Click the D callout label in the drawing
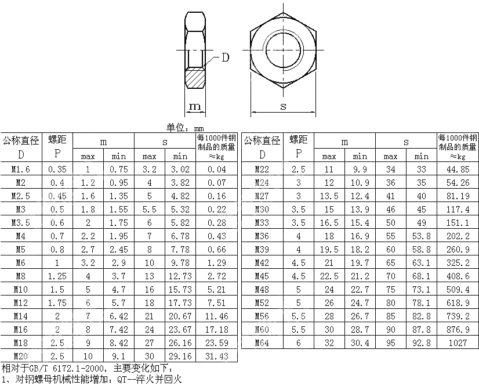point(225,57)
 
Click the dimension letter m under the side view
point(195,106)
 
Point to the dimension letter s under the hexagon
point(283,106)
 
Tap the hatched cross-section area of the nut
point(195,77)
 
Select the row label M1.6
point(21,170)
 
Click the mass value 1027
point(458,343)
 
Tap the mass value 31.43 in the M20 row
point(217,356)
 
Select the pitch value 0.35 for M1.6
point(57,170)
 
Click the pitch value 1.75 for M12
point(57,302)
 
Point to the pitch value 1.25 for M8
point(57,276)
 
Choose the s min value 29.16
point(180,356)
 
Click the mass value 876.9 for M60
point(458,330)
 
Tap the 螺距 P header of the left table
point(57,147)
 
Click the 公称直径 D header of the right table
point(262,147)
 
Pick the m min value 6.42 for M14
point(119,316)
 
